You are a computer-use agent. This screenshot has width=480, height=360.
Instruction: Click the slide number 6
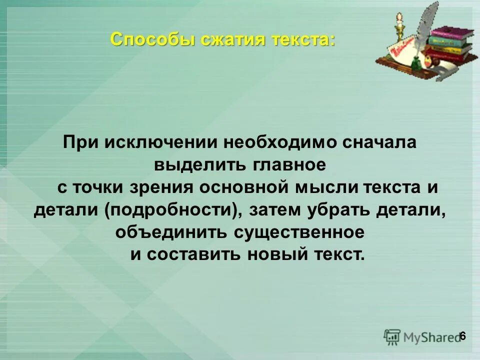[x=462, y=335]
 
